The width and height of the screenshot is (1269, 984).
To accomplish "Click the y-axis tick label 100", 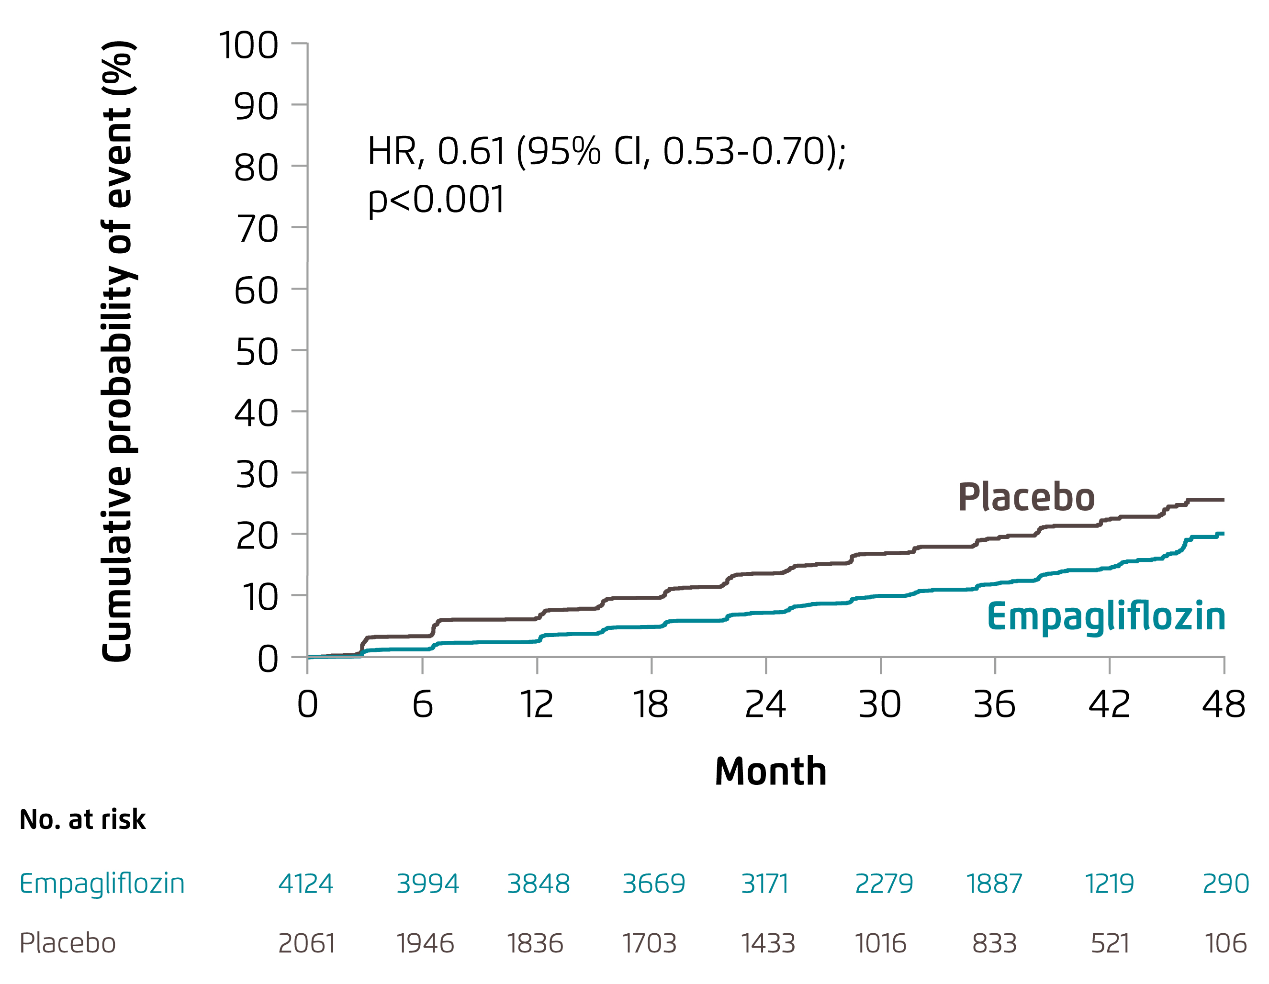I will coord(249,45).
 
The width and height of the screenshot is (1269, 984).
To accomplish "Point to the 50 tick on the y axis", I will coord(256,352).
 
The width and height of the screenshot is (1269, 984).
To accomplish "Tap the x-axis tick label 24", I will coord(765,704).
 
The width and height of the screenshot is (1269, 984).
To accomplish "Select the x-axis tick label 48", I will coord(1223,704).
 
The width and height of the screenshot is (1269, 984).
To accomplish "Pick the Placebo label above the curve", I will coord(1026,497).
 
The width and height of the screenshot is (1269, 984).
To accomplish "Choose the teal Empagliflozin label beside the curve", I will coord(1106,616).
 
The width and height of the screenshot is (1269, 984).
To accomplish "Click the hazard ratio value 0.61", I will coord(471,152).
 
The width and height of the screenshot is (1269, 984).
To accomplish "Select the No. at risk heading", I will coord(82,820).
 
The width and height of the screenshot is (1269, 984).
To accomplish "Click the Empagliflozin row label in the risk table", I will coord(101,883).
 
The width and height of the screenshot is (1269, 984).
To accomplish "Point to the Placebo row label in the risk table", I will coord(67,943).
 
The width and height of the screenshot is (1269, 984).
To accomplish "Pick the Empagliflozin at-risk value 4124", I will coord(305,884).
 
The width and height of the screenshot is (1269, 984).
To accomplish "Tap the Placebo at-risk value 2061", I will coord(307,943).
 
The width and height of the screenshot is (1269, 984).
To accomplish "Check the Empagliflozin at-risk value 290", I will coord(1225,884).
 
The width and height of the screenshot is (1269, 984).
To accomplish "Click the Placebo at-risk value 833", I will coord(994,943).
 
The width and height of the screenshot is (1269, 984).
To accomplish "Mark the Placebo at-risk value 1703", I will coord(649,943).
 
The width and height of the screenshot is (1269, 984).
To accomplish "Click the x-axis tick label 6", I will coord(422,704).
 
